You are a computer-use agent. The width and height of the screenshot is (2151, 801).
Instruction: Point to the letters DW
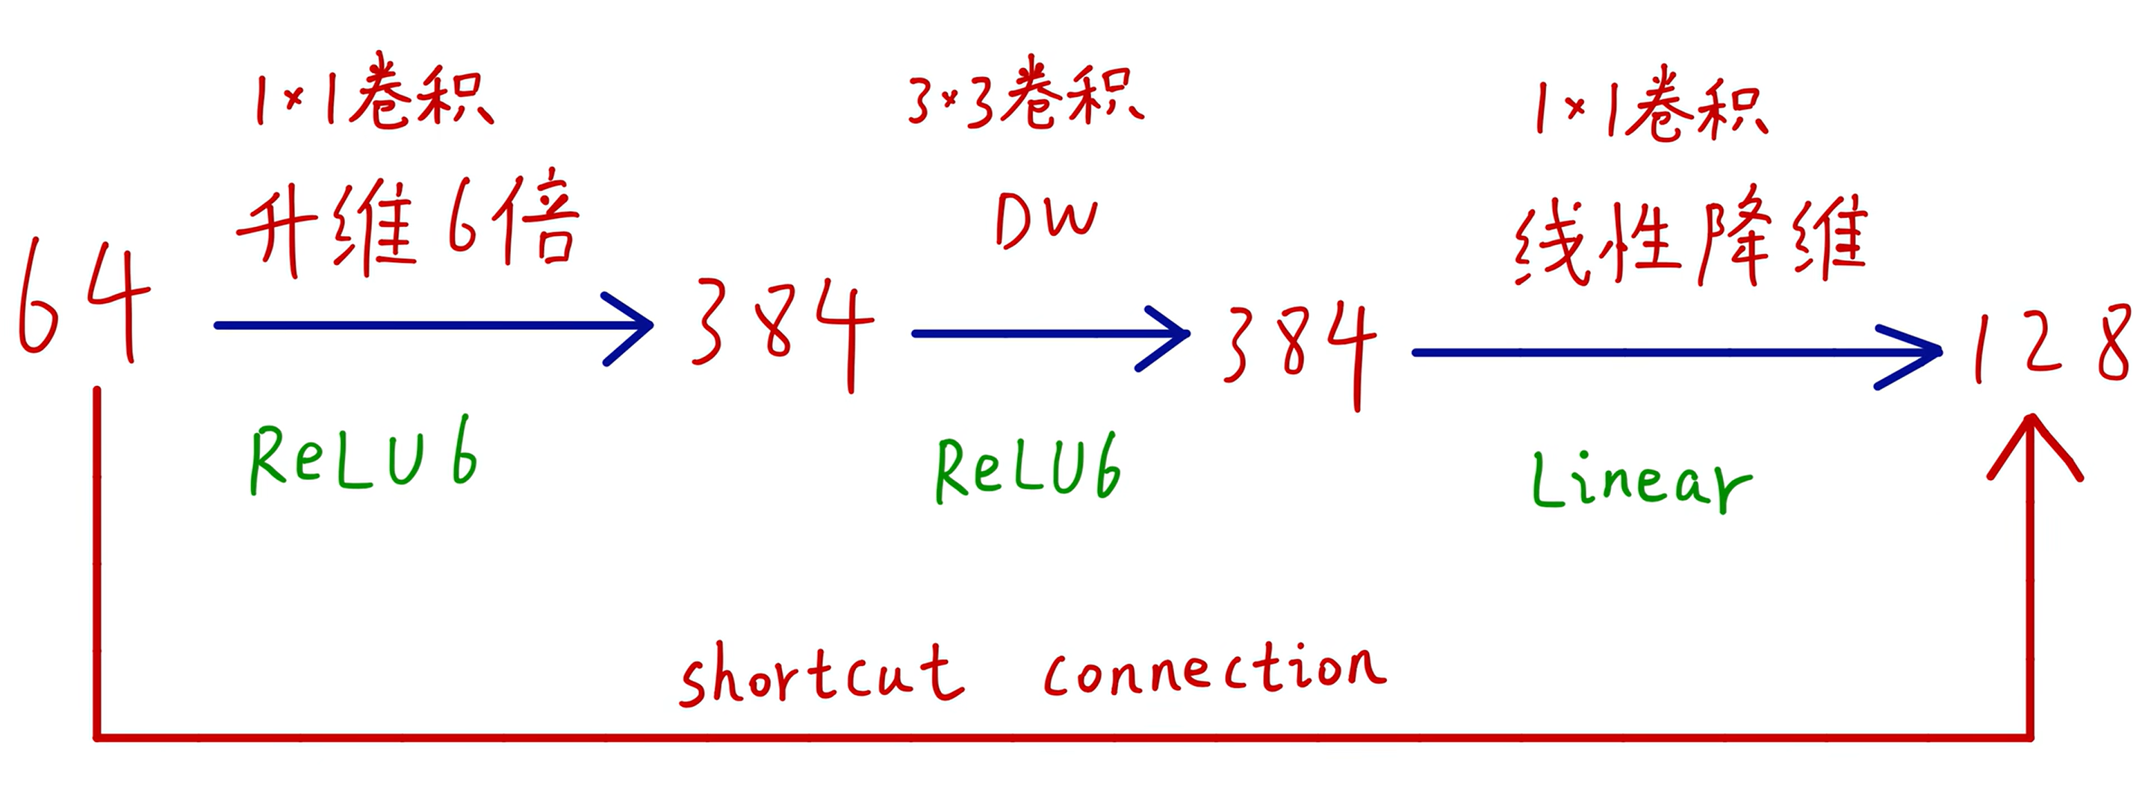point(1046,221)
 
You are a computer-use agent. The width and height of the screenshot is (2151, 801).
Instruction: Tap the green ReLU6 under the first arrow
point(363,458)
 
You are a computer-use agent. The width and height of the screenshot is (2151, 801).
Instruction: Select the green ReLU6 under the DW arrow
point(1027,469)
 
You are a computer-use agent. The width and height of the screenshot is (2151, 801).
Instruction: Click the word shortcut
point(822,674)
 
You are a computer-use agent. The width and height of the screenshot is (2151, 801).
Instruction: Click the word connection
point(1215,672)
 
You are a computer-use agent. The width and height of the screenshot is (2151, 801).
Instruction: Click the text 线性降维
point(1691,243)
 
